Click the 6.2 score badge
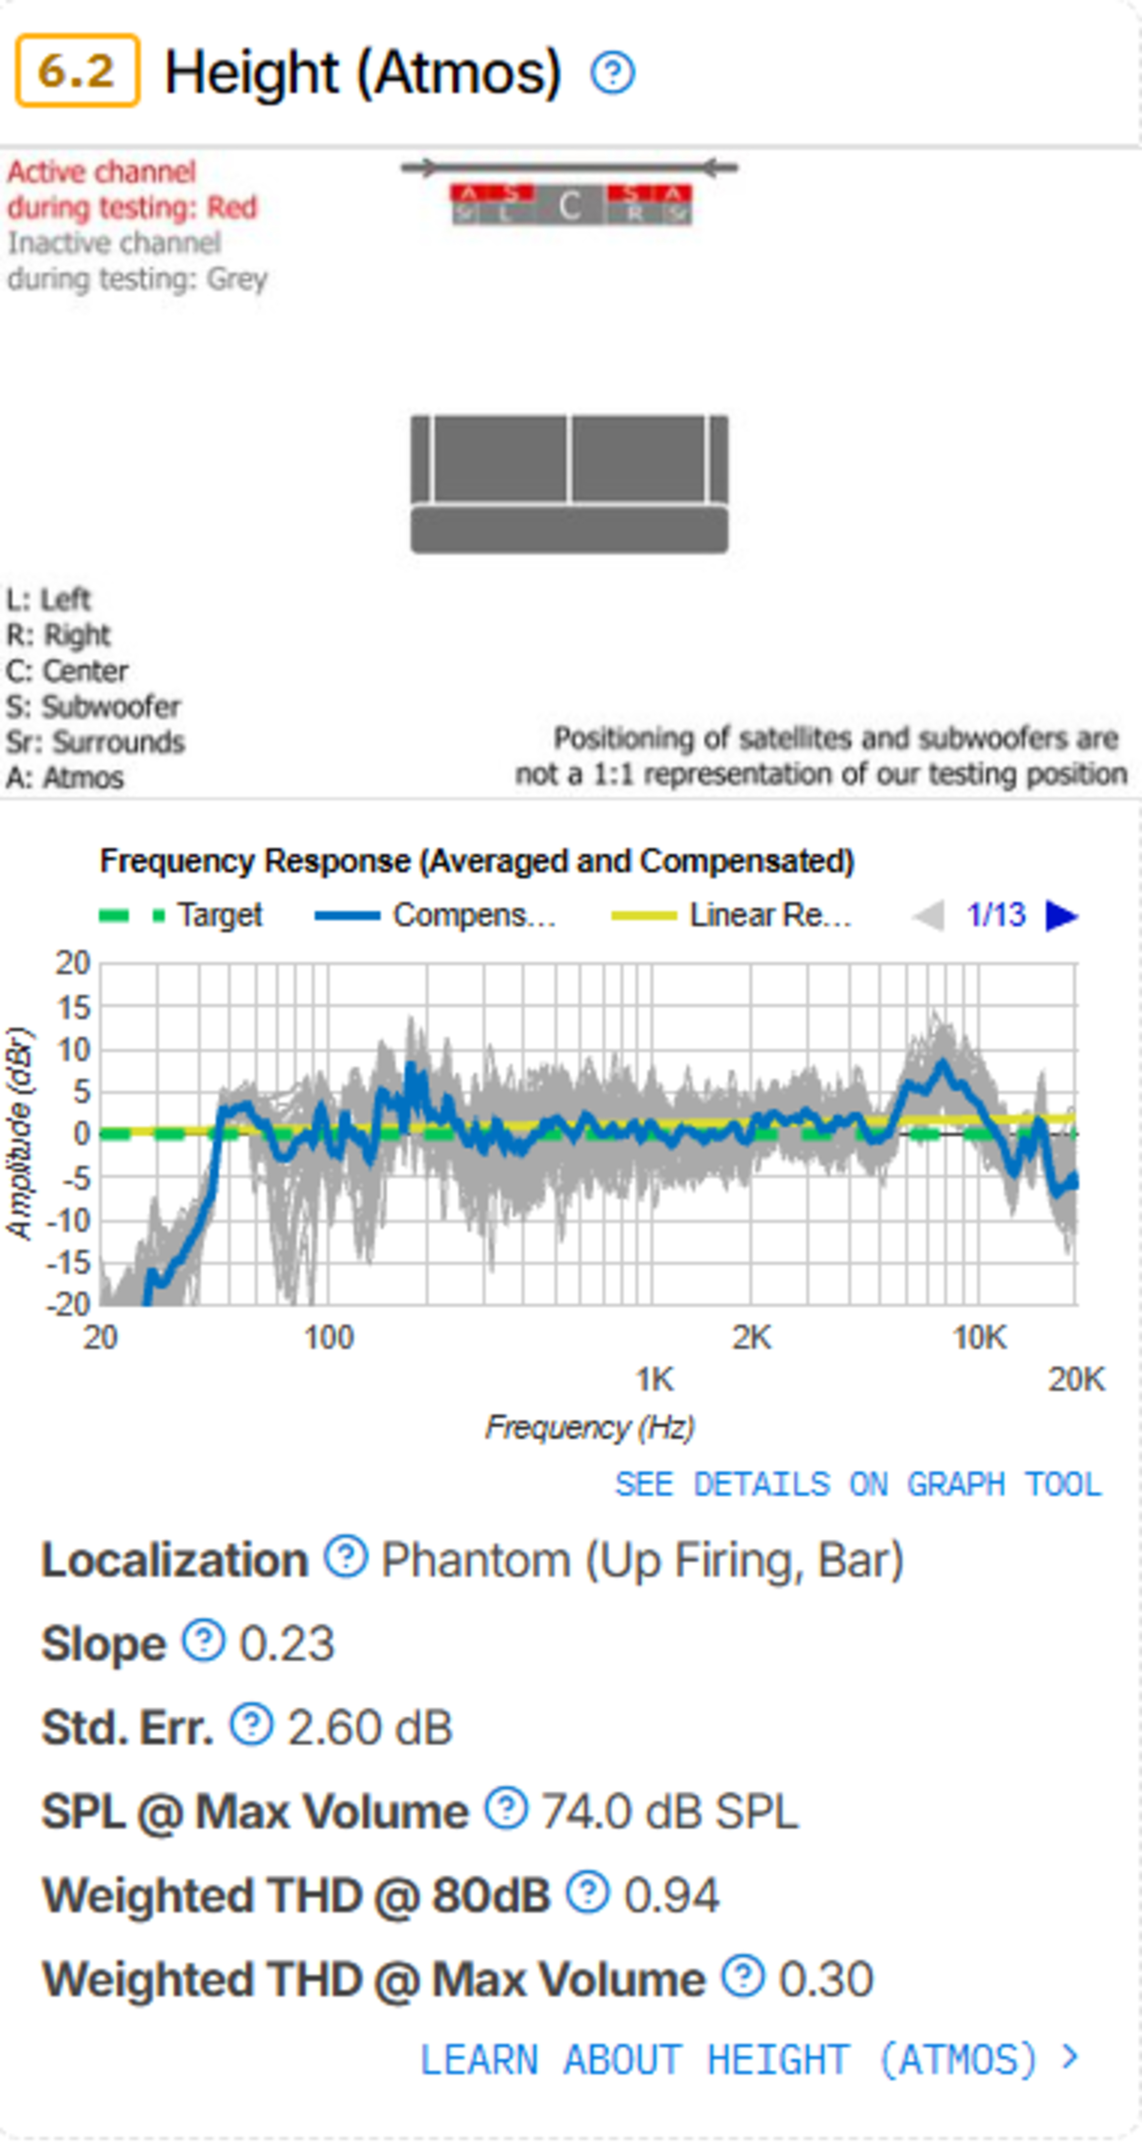tap(76, 71)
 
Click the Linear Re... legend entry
tap(732, 915)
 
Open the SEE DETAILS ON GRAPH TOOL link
tap(857, 1484)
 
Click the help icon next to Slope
tap(204, 1640)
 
